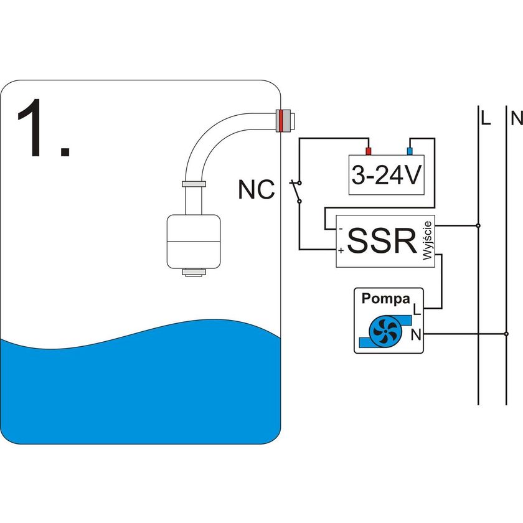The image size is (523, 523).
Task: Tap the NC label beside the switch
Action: tap(256, 191)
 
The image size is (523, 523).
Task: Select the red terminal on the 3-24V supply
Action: tap(368, 151)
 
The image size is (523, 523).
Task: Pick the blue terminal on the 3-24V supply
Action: tap(409, 151)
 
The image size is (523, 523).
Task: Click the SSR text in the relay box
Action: tap(382, 242)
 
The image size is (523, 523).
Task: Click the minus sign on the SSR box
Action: tap(340, 229)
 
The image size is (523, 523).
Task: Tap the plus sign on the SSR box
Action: tap(341, 251)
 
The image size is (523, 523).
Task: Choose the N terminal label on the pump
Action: tap(416, 336)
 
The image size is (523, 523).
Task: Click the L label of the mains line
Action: tap(486, 117)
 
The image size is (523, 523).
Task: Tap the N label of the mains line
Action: tap(516, 117)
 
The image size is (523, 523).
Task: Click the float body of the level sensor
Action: tap(193, 240)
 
